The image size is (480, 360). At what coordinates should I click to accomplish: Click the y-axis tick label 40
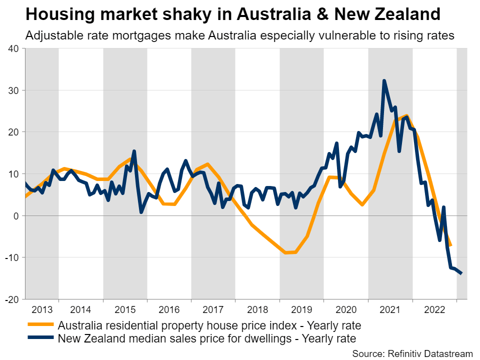point(12,48)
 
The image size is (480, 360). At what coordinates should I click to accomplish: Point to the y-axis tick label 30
point(12,90)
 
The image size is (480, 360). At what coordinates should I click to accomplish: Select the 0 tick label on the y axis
point(15,215)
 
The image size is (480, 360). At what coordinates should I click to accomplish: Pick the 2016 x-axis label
point(169,309)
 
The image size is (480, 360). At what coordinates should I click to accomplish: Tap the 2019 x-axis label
point(301,309)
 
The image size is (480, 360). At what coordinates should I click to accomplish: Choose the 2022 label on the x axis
point(434,309)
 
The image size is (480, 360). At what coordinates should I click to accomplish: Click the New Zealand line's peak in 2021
point(384,80)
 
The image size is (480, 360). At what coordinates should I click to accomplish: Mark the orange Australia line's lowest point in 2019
point(286,253)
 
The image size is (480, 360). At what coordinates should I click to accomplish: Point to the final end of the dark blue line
point(461,273)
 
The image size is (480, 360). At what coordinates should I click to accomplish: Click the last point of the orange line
point(450,245)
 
